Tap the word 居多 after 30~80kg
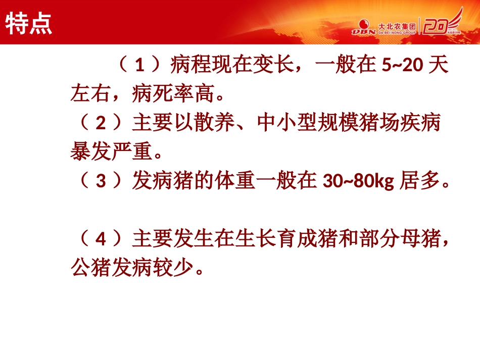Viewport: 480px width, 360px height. (x=419, y=181)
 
